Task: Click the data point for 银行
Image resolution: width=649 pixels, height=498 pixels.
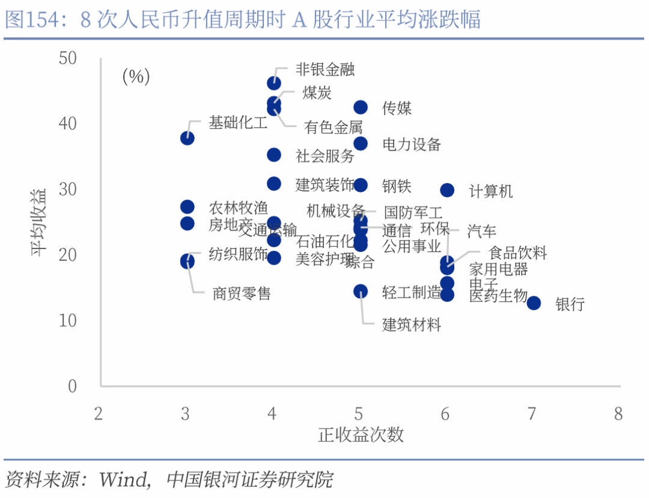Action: pyautogui.click(x=534, y=303)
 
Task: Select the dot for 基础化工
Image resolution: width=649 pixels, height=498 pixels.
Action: pyautogui.click(x=187, y=138)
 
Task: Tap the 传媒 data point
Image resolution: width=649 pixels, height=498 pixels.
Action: pyautogui.click(x=361, y=107)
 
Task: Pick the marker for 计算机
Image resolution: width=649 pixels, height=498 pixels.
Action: pyautogui.click(x=447, y=190)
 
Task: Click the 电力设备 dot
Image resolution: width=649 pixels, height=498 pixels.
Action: pyautogui.click(x=361, y=143)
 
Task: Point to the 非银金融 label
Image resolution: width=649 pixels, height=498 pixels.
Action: pyautogui.click(x=325, y=69)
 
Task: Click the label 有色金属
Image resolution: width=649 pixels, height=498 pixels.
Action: pyautogui.click(x=334, y=128)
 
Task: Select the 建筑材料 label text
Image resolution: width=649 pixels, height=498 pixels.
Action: pyautogui.click(x=412, y=325)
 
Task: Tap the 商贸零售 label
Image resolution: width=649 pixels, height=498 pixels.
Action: pyautogui.click(x=242, y=293)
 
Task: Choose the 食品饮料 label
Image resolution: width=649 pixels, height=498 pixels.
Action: pyautogui.click(x=518, y=253)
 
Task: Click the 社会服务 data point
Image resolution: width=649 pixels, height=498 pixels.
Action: pyautogui.click(x=274, y=155)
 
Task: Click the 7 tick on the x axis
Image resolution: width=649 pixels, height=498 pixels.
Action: pyautogui.click(x=532, y=414)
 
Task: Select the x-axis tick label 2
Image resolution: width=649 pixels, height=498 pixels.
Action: pyautogui.click(x=99, y=414)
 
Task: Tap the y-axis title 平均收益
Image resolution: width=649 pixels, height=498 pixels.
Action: pyautogui.click(x=40, y=222)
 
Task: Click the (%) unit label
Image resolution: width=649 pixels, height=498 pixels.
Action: pyautogui.click(x=136, y=77)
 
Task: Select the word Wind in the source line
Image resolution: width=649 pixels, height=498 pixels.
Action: pyautogui.click(x=123, y=479)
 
